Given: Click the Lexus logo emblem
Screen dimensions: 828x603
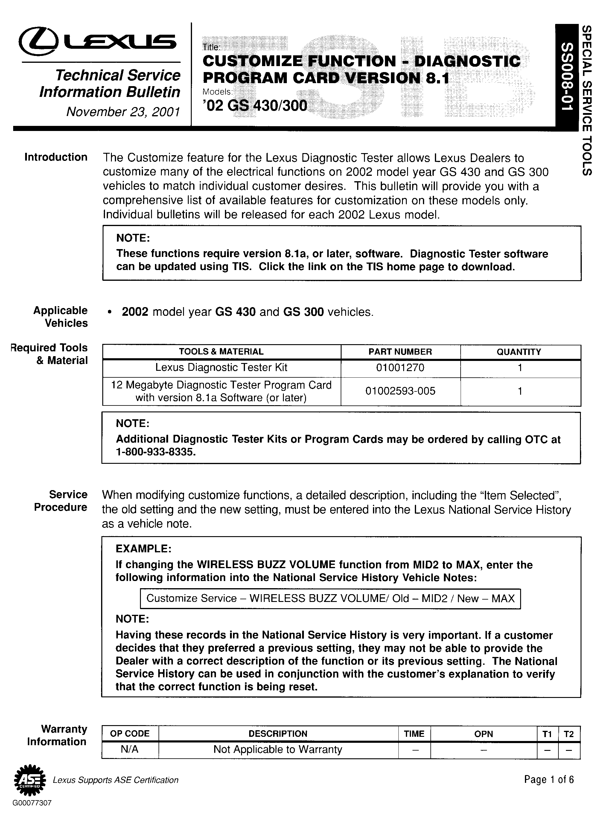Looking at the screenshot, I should coord(38,42).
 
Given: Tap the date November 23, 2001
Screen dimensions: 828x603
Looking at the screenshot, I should coord(123,112).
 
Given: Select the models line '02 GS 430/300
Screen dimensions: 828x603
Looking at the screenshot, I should coord(255,106).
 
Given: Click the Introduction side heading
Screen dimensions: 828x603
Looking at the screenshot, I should coord(56,157).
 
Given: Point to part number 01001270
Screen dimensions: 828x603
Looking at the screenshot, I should coord(400,367).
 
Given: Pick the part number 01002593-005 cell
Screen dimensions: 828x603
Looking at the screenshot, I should coord(400,391).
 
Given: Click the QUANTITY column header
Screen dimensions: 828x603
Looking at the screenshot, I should coord(518,352).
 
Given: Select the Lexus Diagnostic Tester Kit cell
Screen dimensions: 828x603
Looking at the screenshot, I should coord(221,367).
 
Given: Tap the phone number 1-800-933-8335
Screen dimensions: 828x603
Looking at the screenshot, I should coord(156,452).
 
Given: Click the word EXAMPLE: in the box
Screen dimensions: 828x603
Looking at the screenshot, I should coord(144,549).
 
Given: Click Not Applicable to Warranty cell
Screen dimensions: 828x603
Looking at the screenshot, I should coord(278,750).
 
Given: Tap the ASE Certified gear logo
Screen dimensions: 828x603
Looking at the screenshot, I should coord(30,780).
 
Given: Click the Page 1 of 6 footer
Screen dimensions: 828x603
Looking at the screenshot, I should coord(549,780).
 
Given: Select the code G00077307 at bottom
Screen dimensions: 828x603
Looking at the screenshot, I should coord(32,803).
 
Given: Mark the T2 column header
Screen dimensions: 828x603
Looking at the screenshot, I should coord(569,734).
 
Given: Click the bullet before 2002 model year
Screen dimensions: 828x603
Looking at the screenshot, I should coord(109,313).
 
